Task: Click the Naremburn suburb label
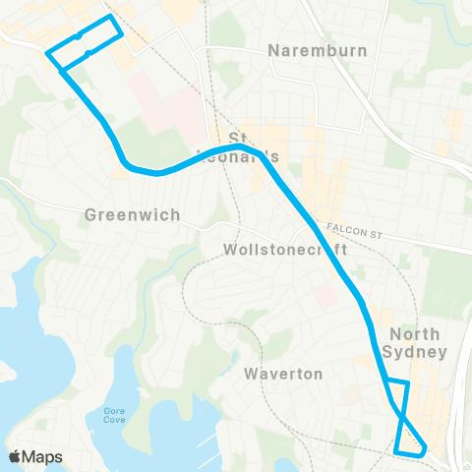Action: [x=318, y=50]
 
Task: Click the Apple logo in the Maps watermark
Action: [x=17, y=457]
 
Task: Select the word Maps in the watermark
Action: [x=44, y=457]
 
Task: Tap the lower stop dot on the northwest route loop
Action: [x=88, y=53]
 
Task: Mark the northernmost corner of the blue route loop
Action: [x=110, y=17]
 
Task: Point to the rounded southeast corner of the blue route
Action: [x=424, y=450]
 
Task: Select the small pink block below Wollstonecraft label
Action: [x=325, y=294]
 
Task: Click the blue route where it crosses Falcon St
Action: [x=315, y=224]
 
